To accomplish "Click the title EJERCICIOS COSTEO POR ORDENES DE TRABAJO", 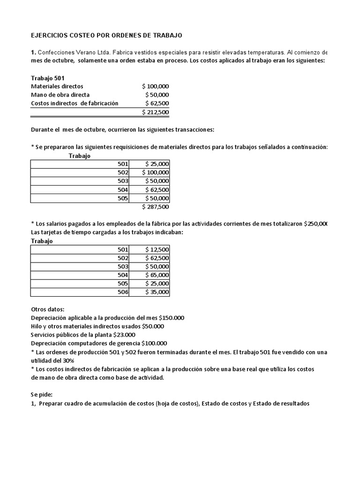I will (x=106, y=35).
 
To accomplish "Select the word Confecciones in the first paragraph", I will (x=55, y=52).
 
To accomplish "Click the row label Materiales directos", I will (x=57, y=86).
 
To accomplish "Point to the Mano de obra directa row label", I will (x=60, y=95).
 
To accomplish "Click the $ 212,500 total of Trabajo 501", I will (x=155, y=112).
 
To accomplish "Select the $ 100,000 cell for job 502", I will (x=155, y=172).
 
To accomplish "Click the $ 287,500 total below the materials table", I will (x=155, y=206).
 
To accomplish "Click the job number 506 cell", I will (x=123, y=292).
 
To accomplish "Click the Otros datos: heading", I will (x=47, y=309).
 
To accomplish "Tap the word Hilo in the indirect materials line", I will (x=37, y=326).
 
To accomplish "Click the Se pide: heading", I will (x=41, y=395).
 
